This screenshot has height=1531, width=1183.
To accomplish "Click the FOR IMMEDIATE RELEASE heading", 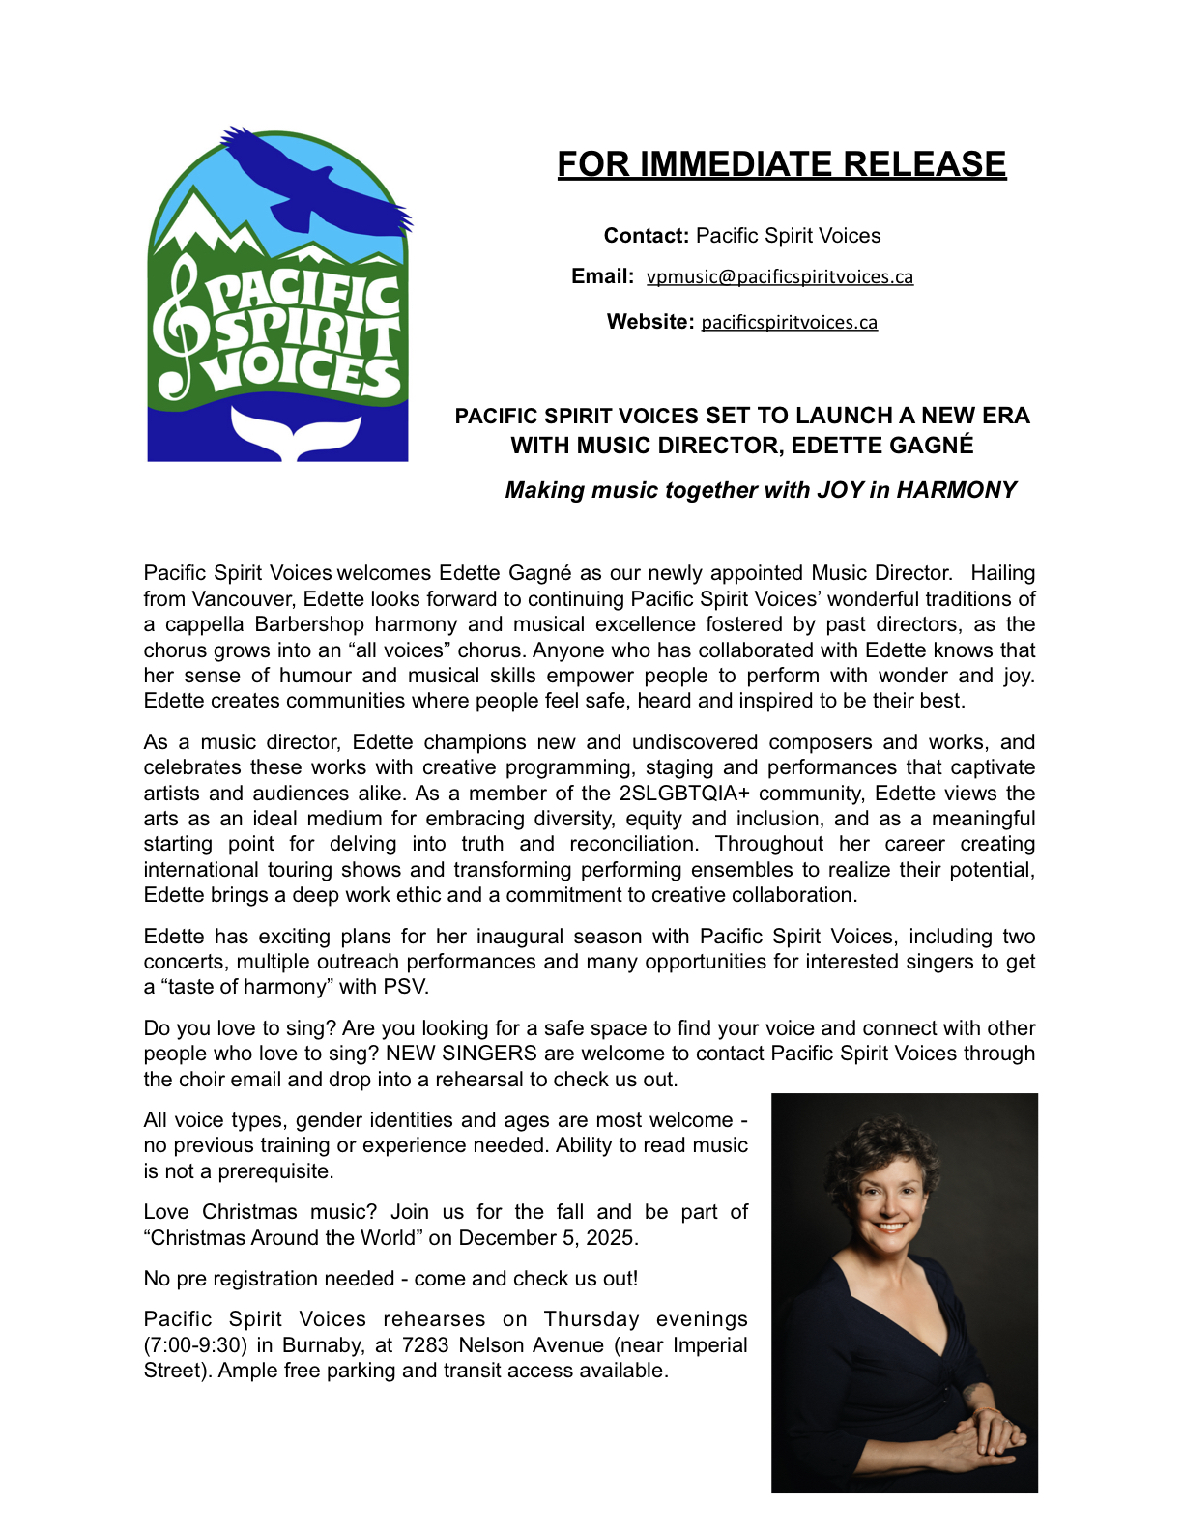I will [781, 164].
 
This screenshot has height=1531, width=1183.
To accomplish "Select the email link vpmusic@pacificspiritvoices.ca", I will [779, 277].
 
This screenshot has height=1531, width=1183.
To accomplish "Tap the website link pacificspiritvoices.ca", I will [789, 323].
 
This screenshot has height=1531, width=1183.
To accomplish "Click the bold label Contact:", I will [646, 236].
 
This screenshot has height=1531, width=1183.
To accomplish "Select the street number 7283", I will [426, 1345].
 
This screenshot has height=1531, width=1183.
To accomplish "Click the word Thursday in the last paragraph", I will [591, 1319].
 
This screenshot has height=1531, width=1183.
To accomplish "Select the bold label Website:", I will [650, 322].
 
